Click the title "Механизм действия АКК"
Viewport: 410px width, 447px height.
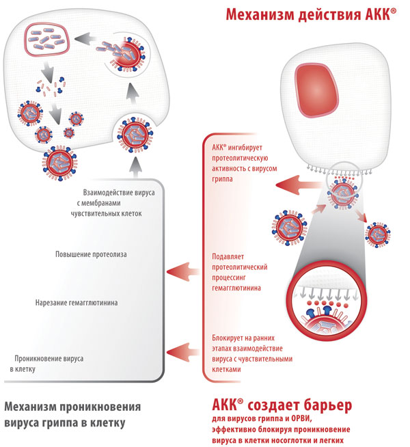(x=311, y=14)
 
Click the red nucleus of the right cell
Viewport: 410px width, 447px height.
(x=316, y=91)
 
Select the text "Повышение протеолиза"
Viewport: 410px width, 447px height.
(x=91, y=254)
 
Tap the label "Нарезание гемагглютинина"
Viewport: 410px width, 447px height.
(x=77, y=303)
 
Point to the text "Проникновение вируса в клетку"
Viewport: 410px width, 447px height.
(x=46, y=364)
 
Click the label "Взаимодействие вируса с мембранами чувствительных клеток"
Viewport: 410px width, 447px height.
(x=113, y=203)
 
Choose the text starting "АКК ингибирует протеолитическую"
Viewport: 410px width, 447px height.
(x=244, y=163)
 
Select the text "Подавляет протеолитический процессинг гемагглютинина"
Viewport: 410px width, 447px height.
(x=240, y=272)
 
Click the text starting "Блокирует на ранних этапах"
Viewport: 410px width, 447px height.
(x=252, y=353)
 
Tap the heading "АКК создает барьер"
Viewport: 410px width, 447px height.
(x=282, y=405)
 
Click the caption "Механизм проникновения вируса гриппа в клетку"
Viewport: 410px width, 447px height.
(x=72, y=414)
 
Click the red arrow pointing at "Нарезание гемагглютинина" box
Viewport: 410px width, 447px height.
(x=183, y=271)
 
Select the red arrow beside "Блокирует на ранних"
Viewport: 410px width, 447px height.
(x=183, y=353)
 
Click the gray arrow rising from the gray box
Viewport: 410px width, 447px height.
(x=135, y=168)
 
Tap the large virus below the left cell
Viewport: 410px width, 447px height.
(x=60, y=163)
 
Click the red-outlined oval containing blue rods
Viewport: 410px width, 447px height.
(x=46, y=39)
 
